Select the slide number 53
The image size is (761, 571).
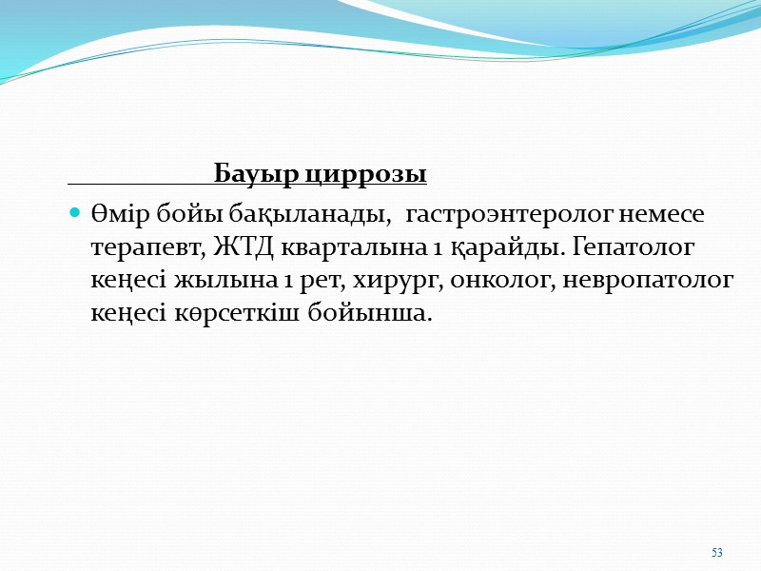tap(717, 553)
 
